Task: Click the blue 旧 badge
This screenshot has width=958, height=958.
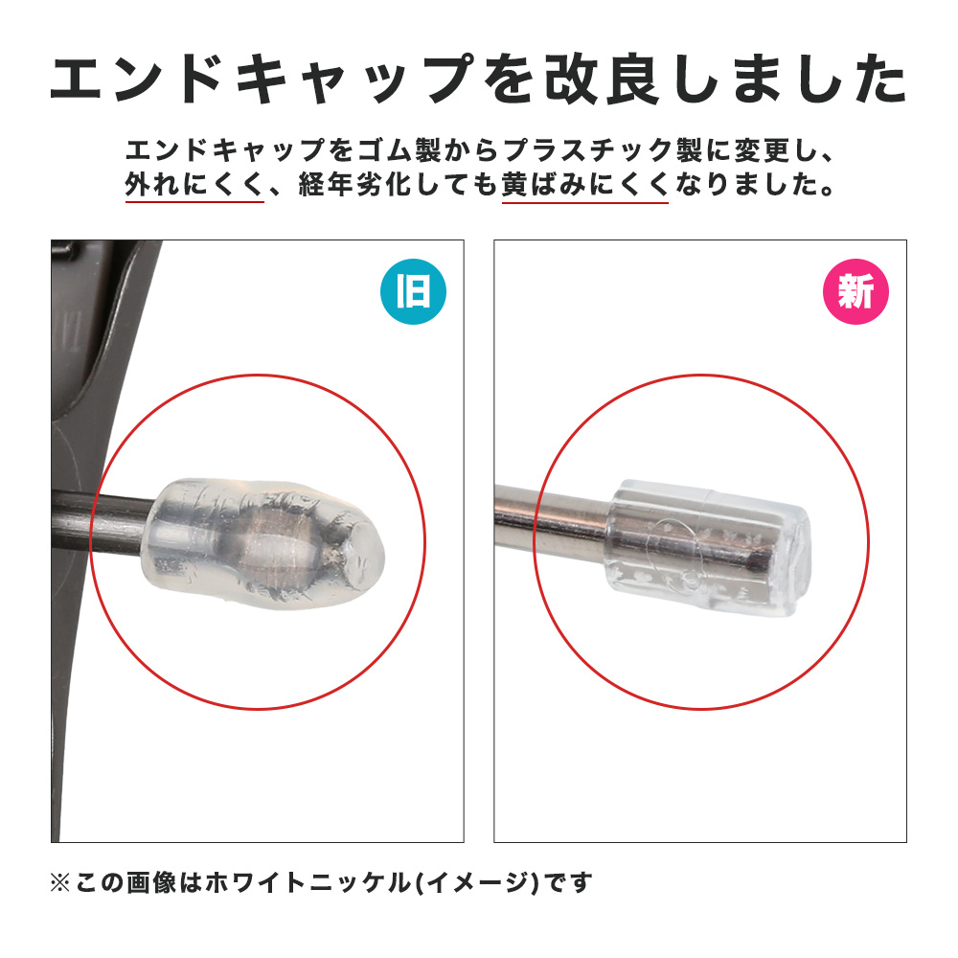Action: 413,291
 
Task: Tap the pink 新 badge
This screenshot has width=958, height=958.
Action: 855,291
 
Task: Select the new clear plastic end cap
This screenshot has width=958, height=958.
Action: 709,547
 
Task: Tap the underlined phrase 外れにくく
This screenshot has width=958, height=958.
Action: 194,185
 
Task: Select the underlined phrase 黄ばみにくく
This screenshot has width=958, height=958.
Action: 584,185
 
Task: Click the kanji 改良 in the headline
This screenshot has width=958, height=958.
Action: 602,80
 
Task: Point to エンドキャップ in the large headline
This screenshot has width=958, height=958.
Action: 262,80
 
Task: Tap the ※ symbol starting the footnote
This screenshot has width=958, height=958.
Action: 59,883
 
